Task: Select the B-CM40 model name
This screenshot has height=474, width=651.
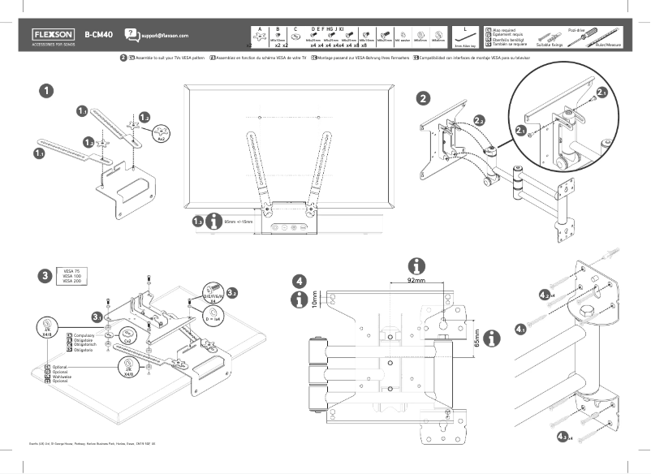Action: [x=98, y=35]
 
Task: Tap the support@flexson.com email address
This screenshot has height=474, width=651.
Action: [x=164, y=37]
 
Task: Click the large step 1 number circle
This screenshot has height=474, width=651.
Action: [x=48, y=91]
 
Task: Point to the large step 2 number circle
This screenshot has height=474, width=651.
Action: [x=423, y=99]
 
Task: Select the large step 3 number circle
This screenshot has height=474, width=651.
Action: [x=45, y=275]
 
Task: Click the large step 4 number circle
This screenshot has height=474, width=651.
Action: [x=300, y=281]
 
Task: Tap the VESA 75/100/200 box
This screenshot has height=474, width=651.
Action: [x=71, y=275]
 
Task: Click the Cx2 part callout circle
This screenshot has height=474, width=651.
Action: [x=127, y=333]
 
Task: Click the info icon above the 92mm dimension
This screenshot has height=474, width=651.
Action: [x=416, y=265]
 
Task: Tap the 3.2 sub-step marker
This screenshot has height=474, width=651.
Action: [x=232, y=292]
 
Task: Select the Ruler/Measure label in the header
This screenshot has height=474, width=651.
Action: [x=608, y=45]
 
